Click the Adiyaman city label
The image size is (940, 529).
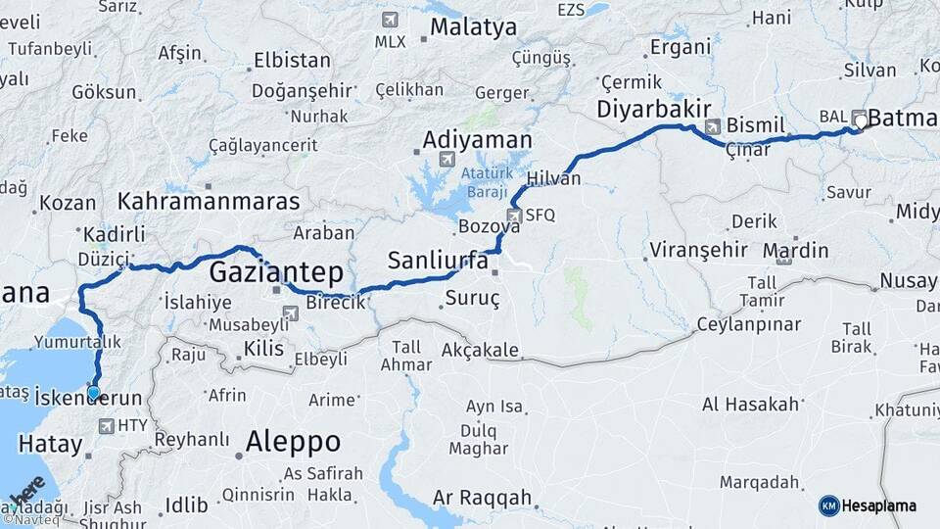(477, 140)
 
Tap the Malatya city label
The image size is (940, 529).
(473, 26)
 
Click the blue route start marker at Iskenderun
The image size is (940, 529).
(94, 393)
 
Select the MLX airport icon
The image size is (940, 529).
(391, 20)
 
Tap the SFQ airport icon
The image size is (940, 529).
(514, 215)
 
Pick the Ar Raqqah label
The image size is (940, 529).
(482, 497)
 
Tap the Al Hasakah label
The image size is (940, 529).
(750, 404)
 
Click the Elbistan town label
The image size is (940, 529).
(291, 60)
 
